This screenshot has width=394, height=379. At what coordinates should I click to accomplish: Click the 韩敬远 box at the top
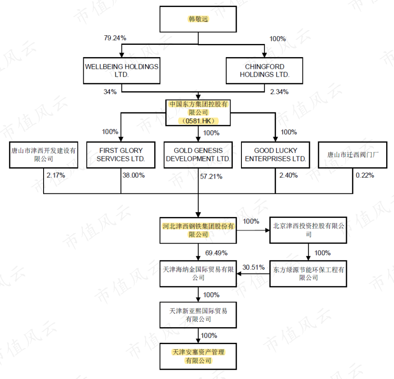(198, 20)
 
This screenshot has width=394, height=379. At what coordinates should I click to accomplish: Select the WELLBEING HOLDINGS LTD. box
(122, 71)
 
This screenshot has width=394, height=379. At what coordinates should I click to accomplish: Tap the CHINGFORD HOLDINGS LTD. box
(264, 71)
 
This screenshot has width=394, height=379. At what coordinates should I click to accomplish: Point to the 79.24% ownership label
(115, 38)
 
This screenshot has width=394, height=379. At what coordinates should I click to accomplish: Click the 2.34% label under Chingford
(279, 91)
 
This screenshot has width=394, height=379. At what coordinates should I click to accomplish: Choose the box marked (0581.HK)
(198, 113)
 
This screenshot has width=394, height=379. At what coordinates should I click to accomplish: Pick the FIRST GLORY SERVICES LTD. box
(121, 155)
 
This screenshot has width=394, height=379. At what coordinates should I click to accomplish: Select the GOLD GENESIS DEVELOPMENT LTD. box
(198, 155)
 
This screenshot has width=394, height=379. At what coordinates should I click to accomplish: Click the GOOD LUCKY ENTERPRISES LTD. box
(275, 155)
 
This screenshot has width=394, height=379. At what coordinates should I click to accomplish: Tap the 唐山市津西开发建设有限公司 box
(44, 155)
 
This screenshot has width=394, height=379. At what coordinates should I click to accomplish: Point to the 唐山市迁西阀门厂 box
(352, 155)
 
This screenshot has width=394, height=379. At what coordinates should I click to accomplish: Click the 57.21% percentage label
(211, 176)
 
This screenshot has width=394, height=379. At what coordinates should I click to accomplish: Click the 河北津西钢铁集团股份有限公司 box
(198, 230)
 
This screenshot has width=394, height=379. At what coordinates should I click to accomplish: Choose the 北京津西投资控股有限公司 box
(309, 230)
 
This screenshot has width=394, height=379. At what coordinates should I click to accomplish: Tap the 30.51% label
(254, 267)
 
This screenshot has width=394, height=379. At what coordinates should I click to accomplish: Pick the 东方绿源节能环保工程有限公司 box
(309, 274)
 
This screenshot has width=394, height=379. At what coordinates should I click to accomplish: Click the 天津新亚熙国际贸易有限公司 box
(198, 315)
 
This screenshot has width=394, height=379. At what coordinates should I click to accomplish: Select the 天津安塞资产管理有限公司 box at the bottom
(198, 356)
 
